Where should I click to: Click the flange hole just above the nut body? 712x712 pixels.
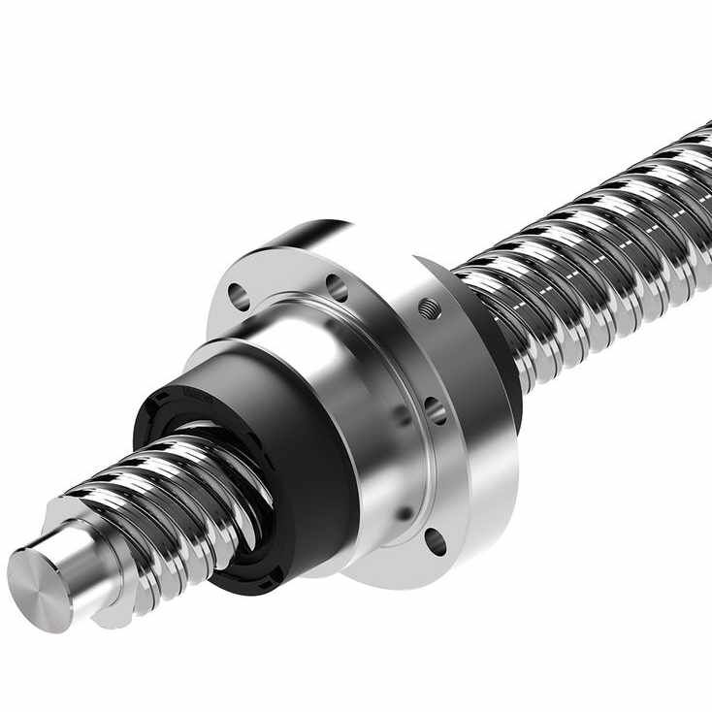tap(337, 287)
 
